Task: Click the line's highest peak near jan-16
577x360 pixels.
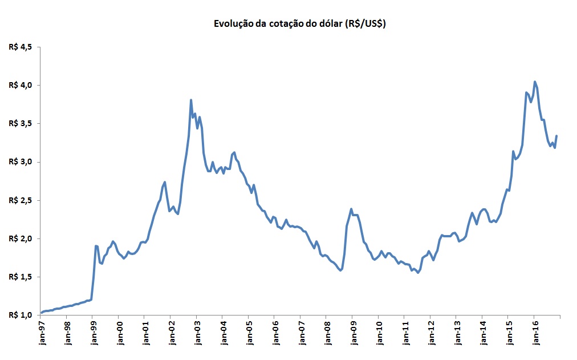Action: tap(534, 82)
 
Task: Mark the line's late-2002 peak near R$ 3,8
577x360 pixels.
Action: tap(191, 100)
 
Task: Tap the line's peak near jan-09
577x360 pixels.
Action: tap(351, 209)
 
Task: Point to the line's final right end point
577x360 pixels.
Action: tap(556, 136)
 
